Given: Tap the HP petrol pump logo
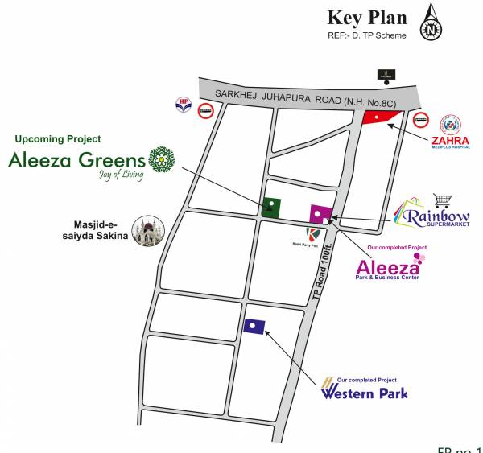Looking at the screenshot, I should [183, 105].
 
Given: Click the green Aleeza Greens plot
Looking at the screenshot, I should [270, 207].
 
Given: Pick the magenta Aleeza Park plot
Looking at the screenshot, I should [320, 214].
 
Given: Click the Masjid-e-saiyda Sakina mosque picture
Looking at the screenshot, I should [146, 232].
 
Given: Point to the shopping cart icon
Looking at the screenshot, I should [442, 200].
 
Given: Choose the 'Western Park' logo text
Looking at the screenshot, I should [364, 393].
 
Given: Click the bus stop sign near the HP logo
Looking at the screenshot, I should [206, 112].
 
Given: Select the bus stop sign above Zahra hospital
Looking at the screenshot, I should [420, 121].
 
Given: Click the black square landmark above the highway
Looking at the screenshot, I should [386, 75].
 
